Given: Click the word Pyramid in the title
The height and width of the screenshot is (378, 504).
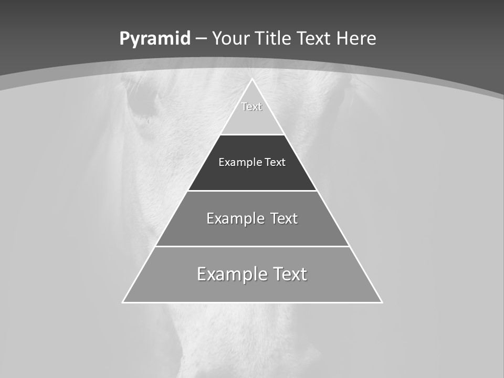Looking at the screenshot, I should (x=155, y=39).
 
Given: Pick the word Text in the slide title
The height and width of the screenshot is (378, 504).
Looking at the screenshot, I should (x=316, y=39).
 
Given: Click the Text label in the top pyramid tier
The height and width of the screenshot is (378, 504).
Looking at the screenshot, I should (x=251, y=107).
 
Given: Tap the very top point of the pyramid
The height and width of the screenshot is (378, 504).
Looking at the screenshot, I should (x=252, y=79).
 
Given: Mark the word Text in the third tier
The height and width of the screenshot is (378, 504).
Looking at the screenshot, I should (x=284, y=218).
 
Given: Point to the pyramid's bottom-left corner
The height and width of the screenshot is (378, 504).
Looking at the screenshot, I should (x=123, y=302).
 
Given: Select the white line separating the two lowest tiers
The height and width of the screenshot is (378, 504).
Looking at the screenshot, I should (x=252, y=246).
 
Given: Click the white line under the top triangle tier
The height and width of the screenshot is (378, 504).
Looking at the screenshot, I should (x=252, y=134).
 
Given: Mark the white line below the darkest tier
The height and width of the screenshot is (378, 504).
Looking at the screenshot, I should (x=252, y=191).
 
